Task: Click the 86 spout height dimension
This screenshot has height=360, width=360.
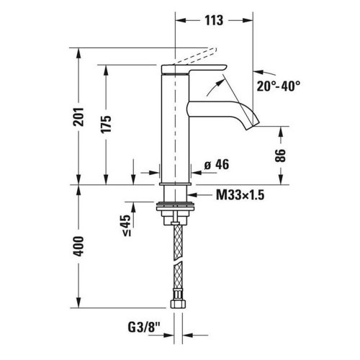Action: pos(281,155)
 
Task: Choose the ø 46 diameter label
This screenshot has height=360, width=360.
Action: pos(217,166)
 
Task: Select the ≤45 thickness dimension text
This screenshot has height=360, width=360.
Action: pos(126,225)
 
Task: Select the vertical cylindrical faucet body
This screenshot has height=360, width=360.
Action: pos(175,130)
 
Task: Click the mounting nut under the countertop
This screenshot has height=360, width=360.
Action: pos(175,209)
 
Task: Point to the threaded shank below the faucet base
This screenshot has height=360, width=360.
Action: pos(175,194)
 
